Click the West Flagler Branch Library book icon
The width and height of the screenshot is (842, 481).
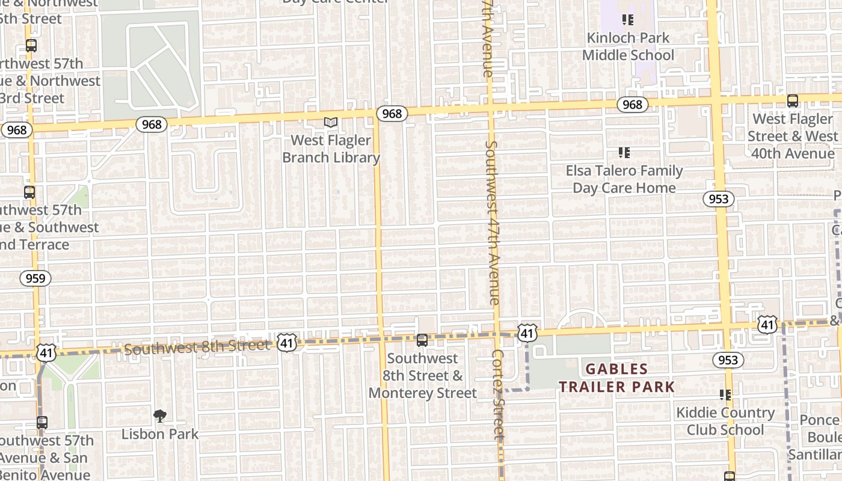pos(330,122)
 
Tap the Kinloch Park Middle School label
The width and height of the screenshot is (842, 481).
pos(628,46)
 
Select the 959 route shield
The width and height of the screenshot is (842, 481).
pos(35,278)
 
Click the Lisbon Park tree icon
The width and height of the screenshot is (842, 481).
pos(160,415)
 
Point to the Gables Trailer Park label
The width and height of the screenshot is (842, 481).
pos(617,378)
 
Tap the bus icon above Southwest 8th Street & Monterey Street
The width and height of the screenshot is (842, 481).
pos(422,340)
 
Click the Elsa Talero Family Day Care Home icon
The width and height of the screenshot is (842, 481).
pos(624,153)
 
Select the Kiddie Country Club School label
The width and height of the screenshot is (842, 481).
pos(725,421)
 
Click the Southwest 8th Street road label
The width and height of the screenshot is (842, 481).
pos(197,347)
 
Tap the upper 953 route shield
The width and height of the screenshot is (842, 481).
pos(719,199)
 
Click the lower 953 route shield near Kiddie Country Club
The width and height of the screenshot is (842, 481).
pos(728,360)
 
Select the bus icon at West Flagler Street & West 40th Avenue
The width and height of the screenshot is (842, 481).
pos(793,101)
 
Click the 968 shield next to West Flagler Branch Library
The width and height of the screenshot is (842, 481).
pos(392,113)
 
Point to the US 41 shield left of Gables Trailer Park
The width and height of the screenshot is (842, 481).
pos(527,332)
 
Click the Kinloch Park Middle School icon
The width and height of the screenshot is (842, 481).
pos(628,20)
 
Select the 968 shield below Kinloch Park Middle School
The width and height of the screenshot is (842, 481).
pos(632,105)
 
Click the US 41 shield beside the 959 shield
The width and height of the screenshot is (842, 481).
pos(46,353)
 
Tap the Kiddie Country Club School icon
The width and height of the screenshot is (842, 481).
pos(725,395)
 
